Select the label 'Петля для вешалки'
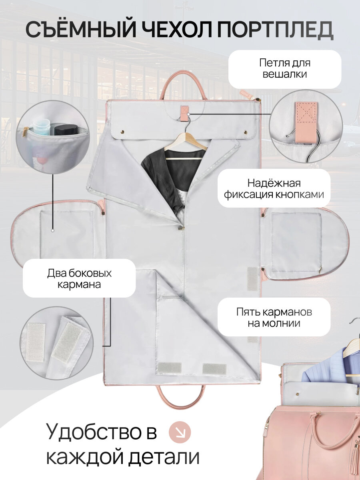[284, 68]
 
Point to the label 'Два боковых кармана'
[79, 279]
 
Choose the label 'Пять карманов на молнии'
[274, 317]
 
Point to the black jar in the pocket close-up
[66, 130]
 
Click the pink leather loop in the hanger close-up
[307, 122]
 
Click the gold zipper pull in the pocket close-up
[26, 131]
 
